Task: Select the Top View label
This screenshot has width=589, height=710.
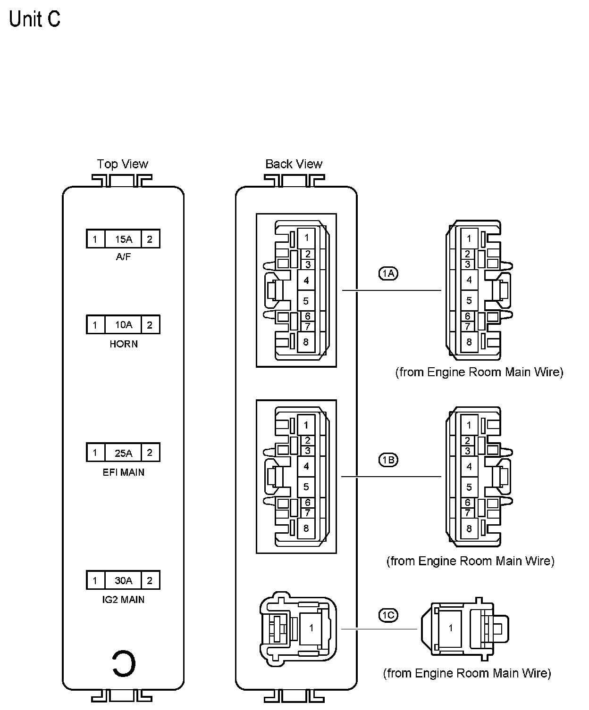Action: [122, 164]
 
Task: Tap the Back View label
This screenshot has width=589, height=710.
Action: [294, 164]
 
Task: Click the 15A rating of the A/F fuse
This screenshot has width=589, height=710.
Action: [123, 239]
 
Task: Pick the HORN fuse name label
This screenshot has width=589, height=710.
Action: [124, 344]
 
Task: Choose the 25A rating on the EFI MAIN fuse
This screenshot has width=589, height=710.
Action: [123, 453]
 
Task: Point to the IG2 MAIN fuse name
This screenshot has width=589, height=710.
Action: [124, 600]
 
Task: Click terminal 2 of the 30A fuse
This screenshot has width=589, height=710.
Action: [150, 580]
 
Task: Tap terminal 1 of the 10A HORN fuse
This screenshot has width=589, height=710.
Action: [95, 325]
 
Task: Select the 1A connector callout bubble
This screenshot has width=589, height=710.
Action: [388, 273]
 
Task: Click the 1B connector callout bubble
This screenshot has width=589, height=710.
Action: [388, 460]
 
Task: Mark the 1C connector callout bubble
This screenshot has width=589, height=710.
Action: [388, 615]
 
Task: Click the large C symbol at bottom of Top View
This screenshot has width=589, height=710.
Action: [124, 663]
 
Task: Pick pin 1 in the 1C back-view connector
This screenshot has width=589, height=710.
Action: [311, 628]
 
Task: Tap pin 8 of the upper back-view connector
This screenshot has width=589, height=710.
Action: [306, 342]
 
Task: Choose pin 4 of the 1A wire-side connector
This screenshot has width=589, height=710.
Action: [469, 280]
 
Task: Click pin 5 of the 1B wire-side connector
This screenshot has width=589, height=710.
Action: [469, 487]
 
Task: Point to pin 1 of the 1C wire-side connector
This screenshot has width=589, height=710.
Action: [451, 628]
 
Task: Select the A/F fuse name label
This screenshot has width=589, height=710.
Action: [123, 257]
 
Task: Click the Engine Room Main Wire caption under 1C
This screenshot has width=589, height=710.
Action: [467, 673]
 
